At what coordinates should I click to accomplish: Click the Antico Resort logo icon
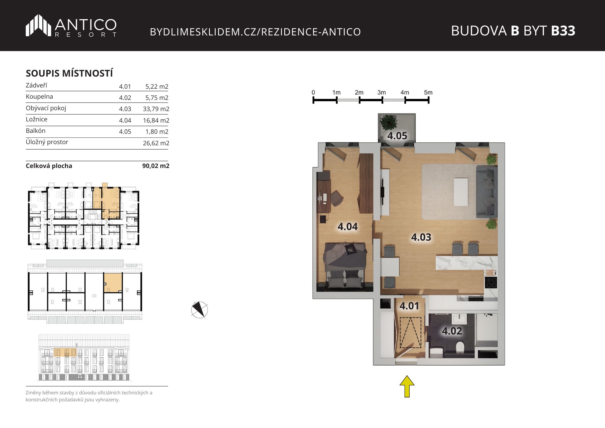click(x=38, y=25)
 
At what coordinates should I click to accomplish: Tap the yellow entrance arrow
click(x=407, y=386)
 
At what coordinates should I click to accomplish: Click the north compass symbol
click(x=200, y=310)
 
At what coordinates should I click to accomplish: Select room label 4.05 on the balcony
click(x=397, y=136)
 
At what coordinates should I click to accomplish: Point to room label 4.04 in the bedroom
click(x=348, y=227)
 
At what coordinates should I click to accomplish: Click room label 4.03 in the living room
click(x=421, y=237)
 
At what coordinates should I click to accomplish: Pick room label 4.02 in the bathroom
click(x=452, y=331)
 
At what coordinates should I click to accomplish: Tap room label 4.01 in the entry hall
click(x=409, y=306)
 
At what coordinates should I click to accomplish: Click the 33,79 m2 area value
click(x=156, y=109)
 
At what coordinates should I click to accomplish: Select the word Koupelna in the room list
click(x=39, y=97)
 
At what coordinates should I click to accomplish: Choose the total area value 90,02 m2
click(x=156, y=166)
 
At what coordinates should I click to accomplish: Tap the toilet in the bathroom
click(x=460, y=347)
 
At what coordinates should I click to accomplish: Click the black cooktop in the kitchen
click(x=491, y=282)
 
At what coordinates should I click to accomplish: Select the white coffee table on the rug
click(x=461, y=192)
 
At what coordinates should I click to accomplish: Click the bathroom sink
click(x=459, y=319)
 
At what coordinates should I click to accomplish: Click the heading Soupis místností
click(x=69, y=73)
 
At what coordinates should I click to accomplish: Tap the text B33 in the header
click(x=563, y=31)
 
